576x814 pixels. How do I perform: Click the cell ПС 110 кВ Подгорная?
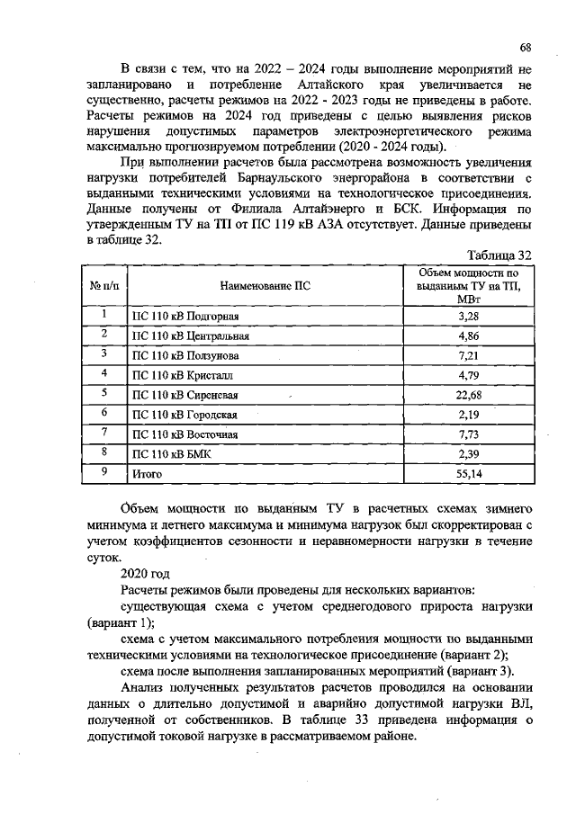click(185, 316)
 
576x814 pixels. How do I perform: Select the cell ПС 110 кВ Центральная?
click(190, 336)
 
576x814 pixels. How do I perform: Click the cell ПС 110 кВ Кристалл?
click(184, 376)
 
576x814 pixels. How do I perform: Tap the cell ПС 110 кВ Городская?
click(184, 416)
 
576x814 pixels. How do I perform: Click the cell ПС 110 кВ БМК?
click(171, 454)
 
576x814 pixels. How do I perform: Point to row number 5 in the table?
click(104, 394)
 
